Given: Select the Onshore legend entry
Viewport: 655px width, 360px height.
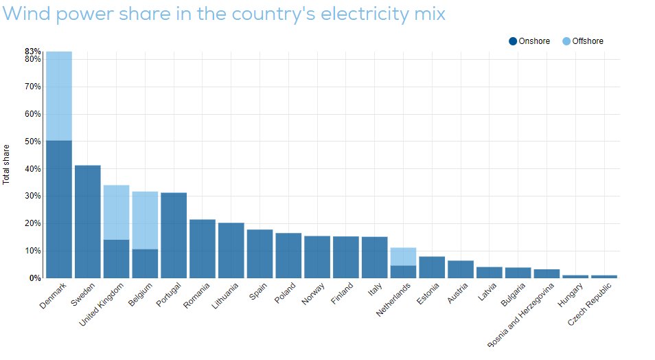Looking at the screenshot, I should click(529, 41).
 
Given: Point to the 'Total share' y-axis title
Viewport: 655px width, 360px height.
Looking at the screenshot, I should click(7, 164).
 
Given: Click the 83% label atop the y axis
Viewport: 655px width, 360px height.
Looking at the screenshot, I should click(33, 52).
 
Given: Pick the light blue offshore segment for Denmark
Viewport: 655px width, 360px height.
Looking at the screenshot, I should click(58, 95).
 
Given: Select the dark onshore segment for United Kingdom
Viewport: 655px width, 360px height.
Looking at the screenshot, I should click(116, 259).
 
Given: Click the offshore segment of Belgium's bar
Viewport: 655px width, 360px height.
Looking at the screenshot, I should click(145, 220).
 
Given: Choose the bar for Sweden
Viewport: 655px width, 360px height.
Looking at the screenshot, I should click(87, 221).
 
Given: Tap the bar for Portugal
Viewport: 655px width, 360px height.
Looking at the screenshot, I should click(174, 235).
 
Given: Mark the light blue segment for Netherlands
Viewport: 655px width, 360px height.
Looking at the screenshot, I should click(404, 256).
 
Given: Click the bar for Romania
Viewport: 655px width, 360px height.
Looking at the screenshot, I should click(203, 249).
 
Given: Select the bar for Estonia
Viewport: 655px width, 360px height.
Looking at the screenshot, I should click(432, 267).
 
